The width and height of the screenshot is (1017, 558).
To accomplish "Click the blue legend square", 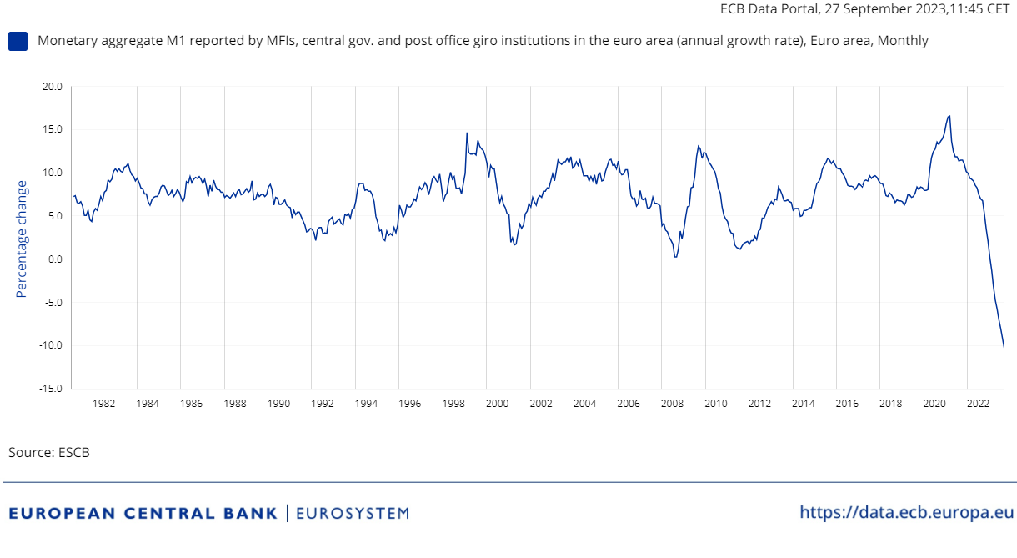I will click(18, 40).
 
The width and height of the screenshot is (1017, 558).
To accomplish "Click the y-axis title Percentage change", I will click(23, 239).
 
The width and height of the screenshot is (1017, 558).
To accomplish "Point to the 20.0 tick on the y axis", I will click(52, 87).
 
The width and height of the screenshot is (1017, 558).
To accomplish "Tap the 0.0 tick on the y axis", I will click(55, 259).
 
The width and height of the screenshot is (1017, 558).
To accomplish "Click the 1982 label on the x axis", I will click(103, 404).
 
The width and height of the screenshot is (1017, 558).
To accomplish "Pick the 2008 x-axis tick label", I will click(672, 404).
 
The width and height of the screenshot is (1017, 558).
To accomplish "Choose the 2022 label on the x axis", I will click(978, 404).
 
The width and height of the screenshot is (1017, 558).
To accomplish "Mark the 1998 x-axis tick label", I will click(453, 404).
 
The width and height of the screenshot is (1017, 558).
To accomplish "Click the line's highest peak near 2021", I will click(949, 116).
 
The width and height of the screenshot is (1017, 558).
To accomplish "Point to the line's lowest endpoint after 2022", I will click(1004, 349).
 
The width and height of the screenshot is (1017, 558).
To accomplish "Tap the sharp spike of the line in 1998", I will click(467, 133).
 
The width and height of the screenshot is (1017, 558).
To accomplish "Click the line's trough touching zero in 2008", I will click(675, 257).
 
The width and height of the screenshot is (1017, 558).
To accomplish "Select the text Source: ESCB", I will click(49, 453).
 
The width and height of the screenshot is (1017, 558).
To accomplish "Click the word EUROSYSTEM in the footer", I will click(353, 513).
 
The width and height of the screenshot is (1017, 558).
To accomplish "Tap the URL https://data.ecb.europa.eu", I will click(906, 512).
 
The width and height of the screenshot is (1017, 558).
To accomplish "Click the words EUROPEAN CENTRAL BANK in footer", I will click(143, 513).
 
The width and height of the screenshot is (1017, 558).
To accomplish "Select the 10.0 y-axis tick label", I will click(52, 173).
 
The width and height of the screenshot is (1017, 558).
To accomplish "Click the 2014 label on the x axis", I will click(803, 404).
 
